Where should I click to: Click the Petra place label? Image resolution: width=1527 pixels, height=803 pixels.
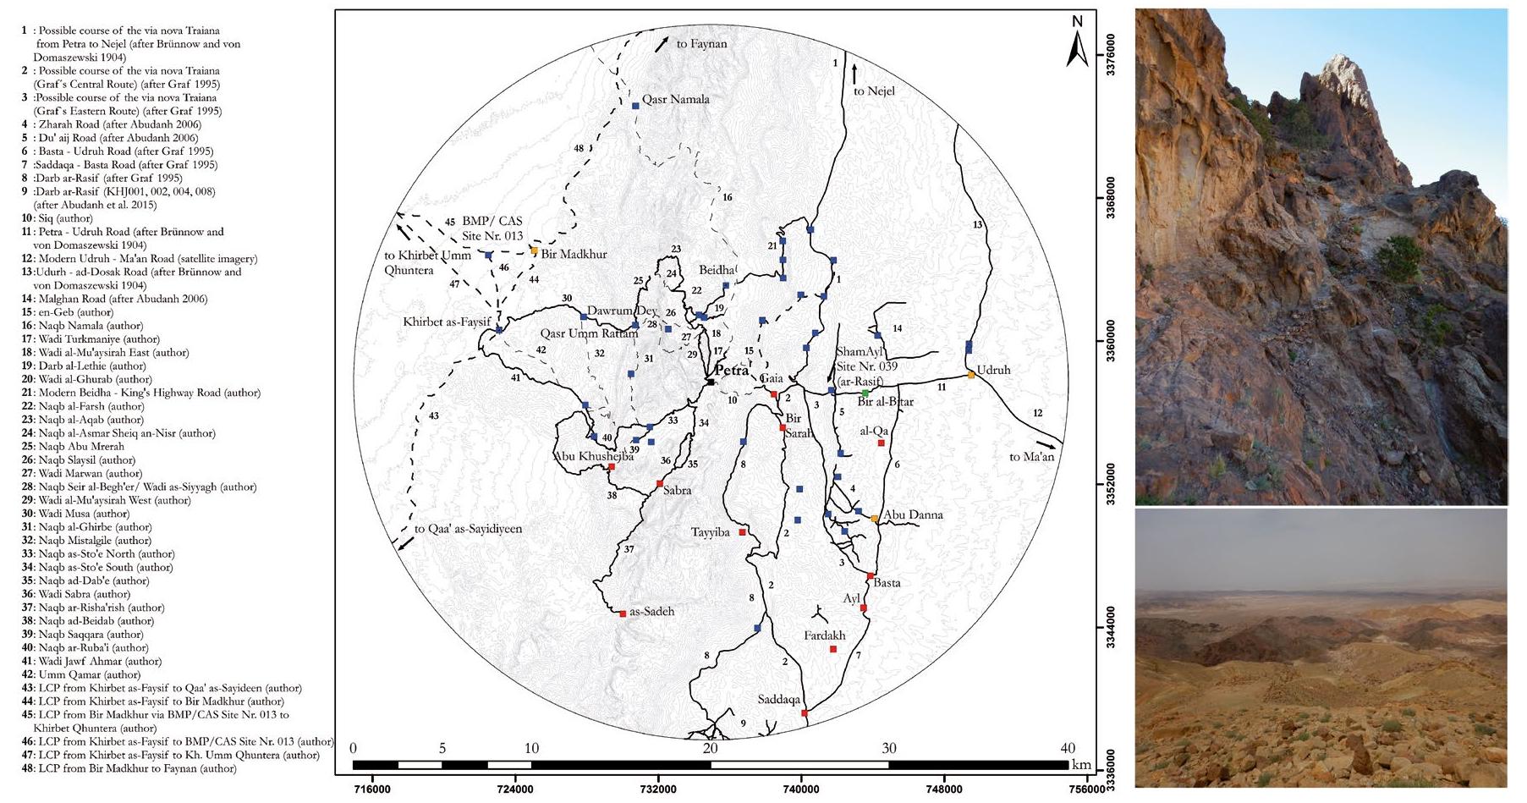731,371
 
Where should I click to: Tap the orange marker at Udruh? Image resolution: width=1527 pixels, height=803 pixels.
971,375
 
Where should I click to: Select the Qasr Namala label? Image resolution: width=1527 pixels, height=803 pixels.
675,100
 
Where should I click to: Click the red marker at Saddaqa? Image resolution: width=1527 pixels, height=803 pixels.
805,713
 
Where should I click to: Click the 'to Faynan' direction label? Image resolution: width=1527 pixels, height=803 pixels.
701,44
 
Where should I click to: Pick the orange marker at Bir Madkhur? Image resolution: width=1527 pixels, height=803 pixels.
534,250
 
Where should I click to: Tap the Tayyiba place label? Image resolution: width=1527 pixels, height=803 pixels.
710,532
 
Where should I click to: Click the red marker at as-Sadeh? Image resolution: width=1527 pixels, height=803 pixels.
623,613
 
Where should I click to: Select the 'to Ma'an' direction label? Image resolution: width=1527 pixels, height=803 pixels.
1031,457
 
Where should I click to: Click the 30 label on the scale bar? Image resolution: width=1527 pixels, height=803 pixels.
888,748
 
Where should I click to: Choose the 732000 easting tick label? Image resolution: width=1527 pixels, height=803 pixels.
657,790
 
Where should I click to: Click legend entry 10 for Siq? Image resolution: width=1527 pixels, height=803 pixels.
58,218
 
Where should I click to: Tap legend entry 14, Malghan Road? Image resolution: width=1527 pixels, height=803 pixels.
114,299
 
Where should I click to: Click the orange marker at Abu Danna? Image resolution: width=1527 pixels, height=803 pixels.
874,519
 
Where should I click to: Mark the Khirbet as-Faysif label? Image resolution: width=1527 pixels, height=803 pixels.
447,322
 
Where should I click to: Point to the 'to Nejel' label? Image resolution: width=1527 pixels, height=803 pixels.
874,91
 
